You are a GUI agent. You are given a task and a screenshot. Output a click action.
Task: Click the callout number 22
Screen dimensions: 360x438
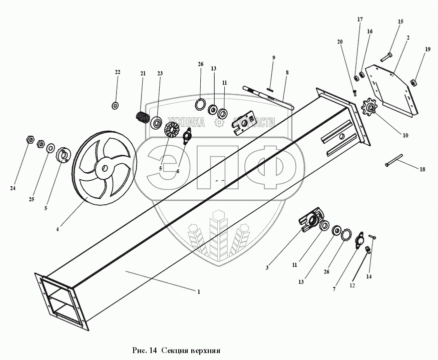click(118, 73)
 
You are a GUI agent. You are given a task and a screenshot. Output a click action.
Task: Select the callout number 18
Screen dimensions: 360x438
click(422, 170)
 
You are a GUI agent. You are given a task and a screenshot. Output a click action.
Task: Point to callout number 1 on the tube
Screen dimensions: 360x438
click(199, 291)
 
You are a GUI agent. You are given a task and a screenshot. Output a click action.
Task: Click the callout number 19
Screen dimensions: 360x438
click(427, 50)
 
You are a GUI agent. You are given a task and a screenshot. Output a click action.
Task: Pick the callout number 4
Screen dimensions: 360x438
click(58, 229)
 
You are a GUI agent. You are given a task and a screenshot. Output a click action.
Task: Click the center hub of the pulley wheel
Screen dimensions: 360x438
click(104, 169)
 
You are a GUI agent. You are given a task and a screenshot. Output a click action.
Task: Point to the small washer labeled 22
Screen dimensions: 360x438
click(115, 105)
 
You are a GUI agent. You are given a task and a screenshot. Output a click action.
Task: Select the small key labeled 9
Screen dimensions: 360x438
click(270, 90)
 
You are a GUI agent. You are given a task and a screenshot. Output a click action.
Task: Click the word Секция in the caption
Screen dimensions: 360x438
click(179, 349)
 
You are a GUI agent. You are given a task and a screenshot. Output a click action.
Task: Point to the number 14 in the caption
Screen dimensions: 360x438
click(154, 349)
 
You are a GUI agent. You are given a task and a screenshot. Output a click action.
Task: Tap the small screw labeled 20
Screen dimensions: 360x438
click(355, 92)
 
